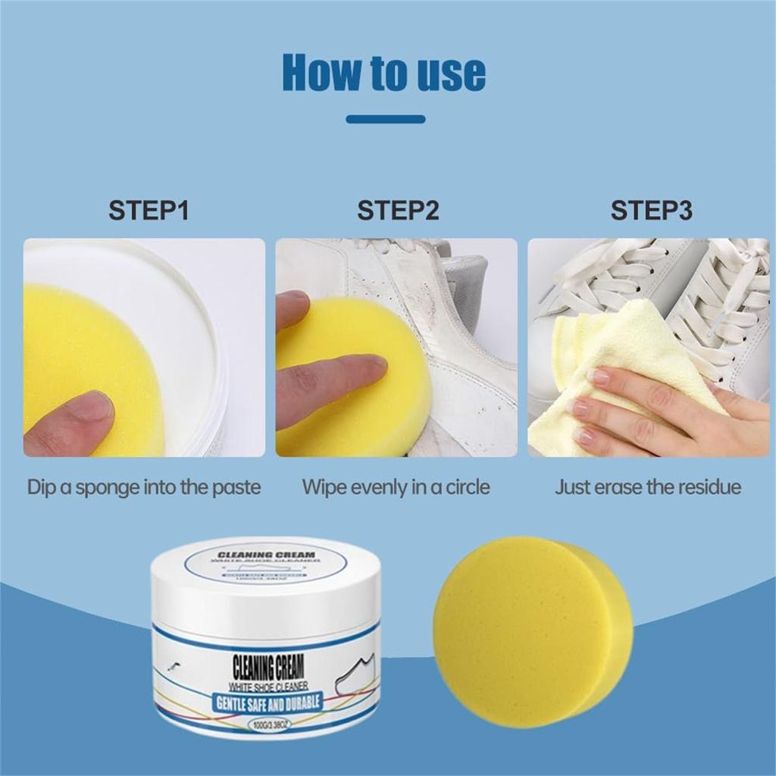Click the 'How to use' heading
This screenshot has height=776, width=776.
[383, 72]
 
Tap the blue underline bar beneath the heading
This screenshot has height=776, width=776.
[385, 119]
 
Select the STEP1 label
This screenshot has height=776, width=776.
[148, 210]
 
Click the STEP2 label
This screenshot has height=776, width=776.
[398, 210]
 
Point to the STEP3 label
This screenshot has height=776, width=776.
[651, 210]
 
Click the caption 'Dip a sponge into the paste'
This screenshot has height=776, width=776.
[144, 487]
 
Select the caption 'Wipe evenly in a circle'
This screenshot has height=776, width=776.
[396, 487]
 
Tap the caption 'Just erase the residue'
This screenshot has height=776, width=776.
[648, 487]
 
